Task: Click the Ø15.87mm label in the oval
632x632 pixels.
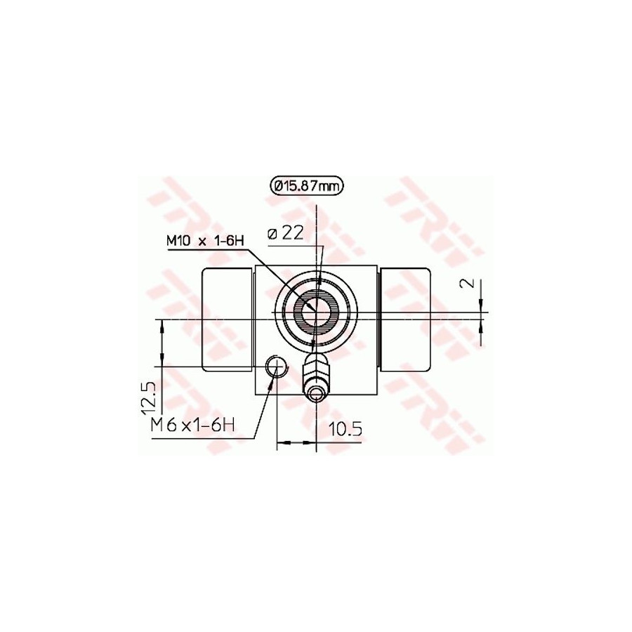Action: click(x=307, y=186)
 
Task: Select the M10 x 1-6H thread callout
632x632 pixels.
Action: click(x=206, y=242)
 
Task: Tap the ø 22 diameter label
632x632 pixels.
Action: click(x=285, y=233)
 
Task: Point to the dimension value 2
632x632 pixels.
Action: click(x=468, y=283)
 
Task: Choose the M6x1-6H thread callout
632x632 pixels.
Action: click(x=192, y=426)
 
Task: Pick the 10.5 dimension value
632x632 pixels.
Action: click(x=345, y=429)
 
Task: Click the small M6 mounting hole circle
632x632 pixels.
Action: click(x=276, y=367)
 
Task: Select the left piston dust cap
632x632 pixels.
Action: click(x=228, y=320)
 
